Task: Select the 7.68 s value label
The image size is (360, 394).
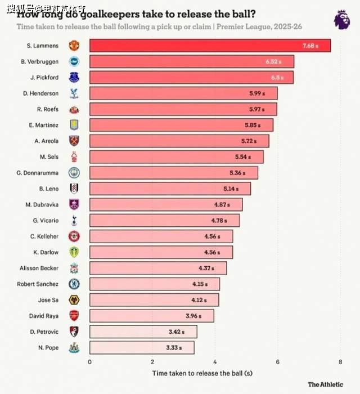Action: pyautogui.click(x=310, y=46)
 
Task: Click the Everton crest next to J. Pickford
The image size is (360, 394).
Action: pyautogui.click(x=74, y=77)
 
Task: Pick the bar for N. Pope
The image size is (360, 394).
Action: pyautogui.click(x=141, y=348)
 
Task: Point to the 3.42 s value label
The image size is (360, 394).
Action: pyautogui.click(x=176, y=332)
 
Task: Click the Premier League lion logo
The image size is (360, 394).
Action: pyautogui.click(x=341, y=20)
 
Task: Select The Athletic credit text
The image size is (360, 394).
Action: pyautogui.click(x=325, y=384)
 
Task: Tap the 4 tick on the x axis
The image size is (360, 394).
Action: pyautogui.click(x=214, y=362)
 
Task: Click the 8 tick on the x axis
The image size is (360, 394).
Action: pyautogui.click(x=340, y=362)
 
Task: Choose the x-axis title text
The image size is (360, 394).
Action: pyautogui.click(x=202, y=373)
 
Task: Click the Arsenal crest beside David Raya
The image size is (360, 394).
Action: pyautogui.click(x=74, y=316)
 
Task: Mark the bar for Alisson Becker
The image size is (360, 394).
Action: pyautogui.click(x=157, y=268)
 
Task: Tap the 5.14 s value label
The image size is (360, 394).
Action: pyautogui.click(x=229, y=189)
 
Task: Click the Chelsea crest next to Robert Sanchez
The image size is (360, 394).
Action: pyautogui.click(x=74, y=284)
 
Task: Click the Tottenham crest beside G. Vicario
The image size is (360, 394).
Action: pyautogui.click(x=74, y=221)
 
